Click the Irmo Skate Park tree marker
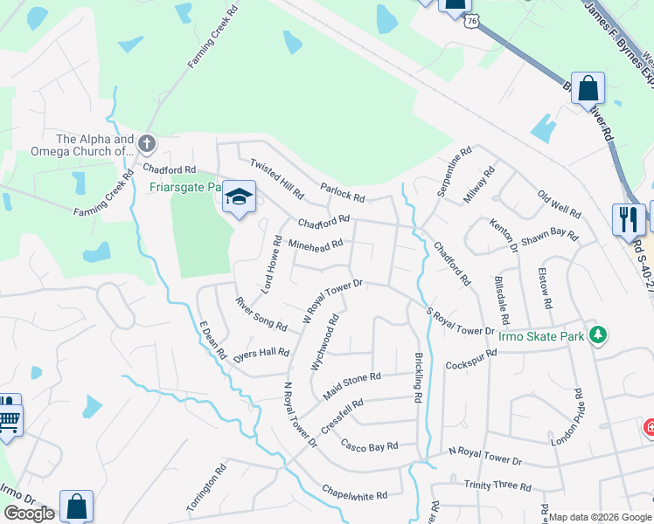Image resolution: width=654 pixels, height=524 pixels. click(x=598, y=334)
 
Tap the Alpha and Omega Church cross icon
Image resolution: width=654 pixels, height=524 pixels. click(x=148, y=143)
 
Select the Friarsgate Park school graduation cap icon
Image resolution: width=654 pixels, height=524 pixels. click(x=238, y=197)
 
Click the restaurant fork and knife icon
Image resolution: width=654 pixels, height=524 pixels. click(x=629, y=219)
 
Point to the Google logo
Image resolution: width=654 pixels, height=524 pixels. click(x=29, y=514)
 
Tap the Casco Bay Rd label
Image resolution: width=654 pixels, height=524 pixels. click(x=370, y=445)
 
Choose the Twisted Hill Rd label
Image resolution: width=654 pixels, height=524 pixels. click(x=276, y=178)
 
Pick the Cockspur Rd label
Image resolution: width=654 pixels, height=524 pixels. click(x=470, y=361)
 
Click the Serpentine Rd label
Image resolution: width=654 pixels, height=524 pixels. click(x=453, y=169)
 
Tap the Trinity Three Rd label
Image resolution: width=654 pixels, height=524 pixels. click(x=498, y=486)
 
